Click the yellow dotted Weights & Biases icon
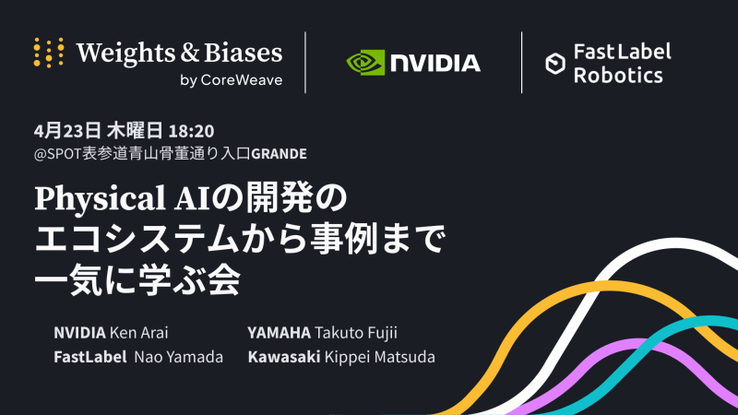(x=49, y=53)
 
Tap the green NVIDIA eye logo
(x=365, y=63)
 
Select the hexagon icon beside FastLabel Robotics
(x=555, y=64)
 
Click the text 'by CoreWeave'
(x=232, y=80)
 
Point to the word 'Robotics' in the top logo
(x=618, y=76)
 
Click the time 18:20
(x=191, y=131)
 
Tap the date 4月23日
(x=67, y=131)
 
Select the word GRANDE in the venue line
(x=280, y=153)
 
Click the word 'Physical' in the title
(x=100, y=198)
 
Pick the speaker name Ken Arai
(x=139, y=333)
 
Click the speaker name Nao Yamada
(x=178, y=357)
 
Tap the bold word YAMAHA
(x=280, y=333)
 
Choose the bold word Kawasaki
(x=284, y=357)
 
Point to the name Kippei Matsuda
(x=380, y=357)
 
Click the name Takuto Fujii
(x=356, y=333)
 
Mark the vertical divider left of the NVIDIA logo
(x=305, y=63)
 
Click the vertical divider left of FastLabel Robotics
(x=521, y=63)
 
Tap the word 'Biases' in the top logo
(x=244, y=53)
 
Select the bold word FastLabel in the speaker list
(x=89, y=357)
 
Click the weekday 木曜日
(x=135, y=131)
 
